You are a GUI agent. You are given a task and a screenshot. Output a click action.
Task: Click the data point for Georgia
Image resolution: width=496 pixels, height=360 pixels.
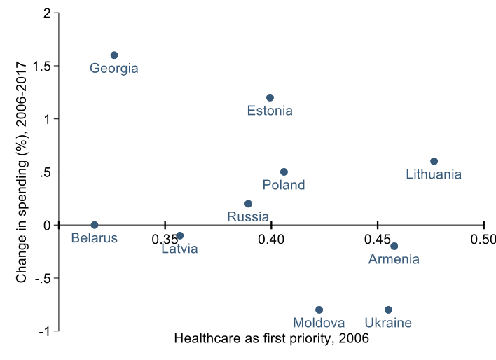[114, 55]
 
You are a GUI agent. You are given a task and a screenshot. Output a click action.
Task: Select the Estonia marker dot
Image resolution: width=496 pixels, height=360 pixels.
[270, 97]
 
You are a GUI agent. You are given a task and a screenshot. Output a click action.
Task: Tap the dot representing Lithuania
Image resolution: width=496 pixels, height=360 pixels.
[434, 161]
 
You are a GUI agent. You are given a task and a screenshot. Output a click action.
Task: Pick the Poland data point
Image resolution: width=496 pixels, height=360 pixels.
[284, 172]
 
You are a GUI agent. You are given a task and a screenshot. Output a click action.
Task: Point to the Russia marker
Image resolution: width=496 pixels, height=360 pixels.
[248, 204]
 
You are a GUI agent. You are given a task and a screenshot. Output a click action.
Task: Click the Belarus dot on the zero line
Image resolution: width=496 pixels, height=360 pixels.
[95, 225]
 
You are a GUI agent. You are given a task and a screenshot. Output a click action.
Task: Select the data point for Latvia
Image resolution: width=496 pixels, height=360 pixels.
[180, 235]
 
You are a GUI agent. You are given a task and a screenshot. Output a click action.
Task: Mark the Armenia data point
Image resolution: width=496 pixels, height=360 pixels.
[394, 246]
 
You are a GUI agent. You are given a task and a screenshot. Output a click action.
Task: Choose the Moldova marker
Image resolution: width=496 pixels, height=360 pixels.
[319, 310]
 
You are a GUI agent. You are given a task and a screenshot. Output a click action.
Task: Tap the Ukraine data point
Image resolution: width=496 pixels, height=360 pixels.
[388, 310]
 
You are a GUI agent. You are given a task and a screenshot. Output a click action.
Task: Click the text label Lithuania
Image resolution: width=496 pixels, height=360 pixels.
[434, 174]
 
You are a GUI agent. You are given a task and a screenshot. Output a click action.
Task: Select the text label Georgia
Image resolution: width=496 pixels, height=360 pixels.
[114, 69]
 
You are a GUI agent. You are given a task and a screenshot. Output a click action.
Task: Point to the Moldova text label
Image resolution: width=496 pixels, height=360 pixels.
[319, 323]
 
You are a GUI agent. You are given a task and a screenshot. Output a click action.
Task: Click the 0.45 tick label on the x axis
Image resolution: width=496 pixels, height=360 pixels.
[378, 240]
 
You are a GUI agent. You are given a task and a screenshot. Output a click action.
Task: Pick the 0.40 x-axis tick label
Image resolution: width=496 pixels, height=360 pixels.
[271, 240]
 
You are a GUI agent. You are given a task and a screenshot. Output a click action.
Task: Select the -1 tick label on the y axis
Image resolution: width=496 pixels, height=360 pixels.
[43, 331]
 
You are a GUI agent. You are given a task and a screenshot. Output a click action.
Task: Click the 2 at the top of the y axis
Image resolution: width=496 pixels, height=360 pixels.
[47, 13]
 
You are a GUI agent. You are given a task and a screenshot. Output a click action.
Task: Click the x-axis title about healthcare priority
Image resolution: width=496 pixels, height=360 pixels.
[271, 339]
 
